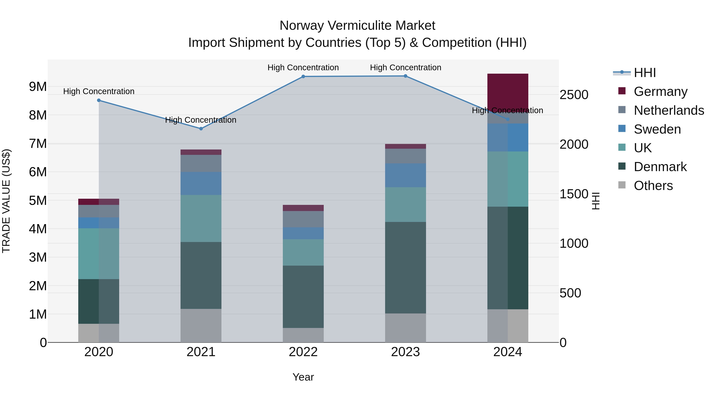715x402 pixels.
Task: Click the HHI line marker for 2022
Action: point(303,77)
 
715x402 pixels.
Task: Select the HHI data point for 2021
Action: point(201,129)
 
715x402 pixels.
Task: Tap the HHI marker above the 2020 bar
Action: point(99,100)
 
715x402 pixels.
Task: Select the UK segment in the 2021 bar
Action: point(201,218)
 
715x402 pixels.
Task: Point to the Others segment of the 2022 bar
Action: point(303,335)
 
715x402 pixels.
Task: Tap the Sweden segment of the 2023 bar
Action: point(405,175)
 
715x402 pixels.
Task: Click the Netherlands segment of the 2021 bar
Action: point(201,163)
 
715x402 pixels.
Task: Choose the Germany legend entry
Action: point(661,92)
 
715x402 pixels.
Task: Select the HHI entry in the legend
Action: point(644,73)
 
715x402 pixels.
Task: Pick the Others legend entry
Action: point(653,186)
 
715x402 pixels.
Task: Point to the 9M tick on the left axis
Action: point(38,87)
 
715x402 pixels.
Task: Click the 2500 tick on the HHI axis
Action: point(574,95)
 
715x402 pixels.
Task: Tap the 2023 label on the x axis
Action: point(405,352)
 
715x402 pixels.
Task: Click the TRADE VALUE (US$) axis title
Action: point(6,201)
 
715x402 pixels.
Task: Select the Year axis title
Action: point(303,377)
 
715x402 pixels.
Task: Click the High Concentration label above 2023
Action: point(405,68)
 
